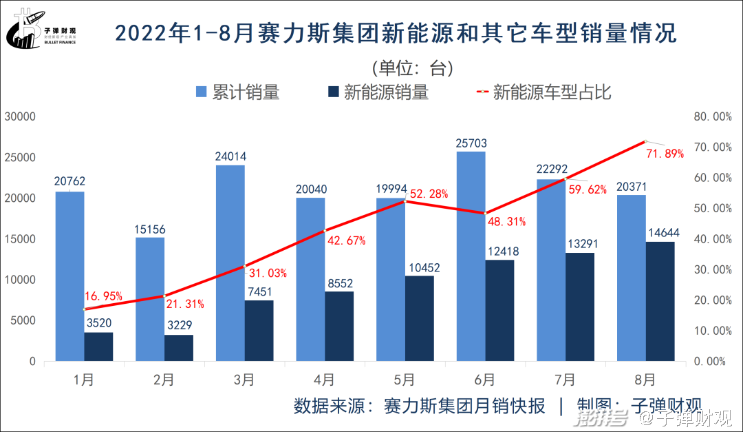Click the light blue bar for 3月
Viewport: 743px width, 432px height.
(x=230, y=263)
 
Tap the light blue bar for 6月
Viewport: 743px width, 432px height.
(x=471, y=256)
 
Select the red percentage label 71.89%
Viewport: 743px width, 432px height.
(x=665, y=154)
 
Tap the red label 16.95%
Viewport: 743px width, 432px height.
(x=103, y=296)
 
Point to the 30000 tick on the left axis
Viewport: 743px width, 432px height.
(x=20, y=116)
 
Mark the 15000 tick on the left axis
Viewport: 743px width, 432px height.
(x=20, y=239)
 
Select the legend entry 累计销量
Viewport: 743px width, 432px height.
(x=238, y=92)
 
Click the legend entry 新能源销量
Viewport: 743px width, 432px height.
(x=378, y=92)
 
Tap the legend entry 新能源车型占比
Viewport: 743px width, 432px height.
(x=543, y=92)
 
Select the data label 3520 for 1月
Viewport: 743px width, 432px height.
(x=99, y=322)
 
